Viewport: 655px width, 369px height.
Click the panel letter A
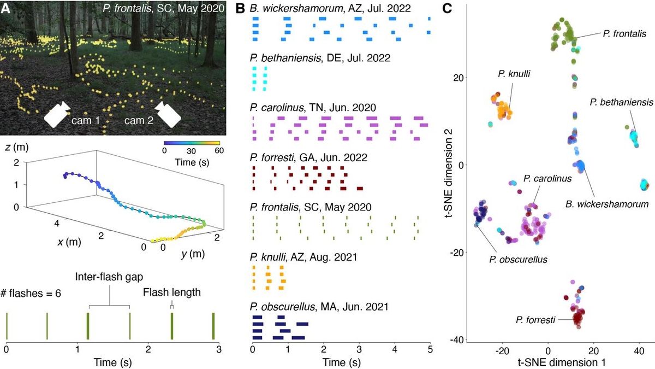[x=7, y=8]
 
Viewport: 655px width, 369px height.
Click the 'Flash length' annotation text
[x=172, y=292]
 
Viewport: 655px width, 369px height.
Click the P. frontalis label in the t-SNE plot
[x=624, y=34]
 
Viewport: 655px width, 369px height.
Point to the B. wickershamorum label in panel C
[x=606, y=204]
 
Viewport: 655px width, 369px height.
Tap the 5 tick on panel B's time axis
[x=430, y=348]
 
